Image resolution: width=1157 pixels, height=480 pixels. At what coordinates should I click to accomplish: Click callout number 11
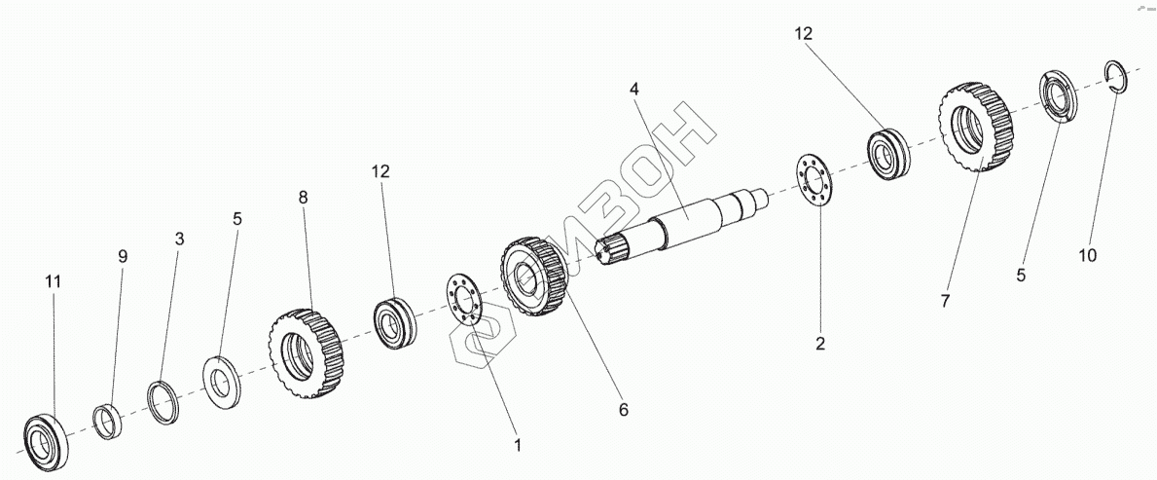(54, 281)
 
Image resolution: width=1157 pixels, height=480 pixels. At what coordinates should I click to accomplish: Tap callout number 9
(123, 257)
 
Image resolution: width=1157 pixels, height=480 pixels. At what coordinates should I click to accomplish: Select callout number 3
(179, 238)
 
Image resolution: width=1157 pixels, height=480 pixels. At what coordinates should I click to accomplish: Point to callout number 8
(303, 197)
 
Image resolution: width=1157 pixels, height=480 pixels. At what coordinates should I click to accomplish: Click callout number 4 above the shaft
(634, 89)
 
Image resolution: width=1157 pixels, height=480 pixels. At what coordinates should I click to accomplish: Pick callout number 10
(1088, 255)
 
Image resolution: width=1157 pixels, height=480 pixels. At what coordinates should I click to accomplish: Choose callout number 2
(820, 343)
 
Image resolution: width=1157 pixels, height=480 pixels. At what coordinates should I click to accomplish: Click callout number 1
(518, 445)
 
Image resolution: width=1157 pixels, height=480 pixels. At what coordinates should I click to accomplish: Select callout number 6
(624, 410)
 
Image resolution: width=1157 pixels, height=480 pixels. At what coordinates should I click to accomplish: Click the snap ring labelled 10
(1116, 77)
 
